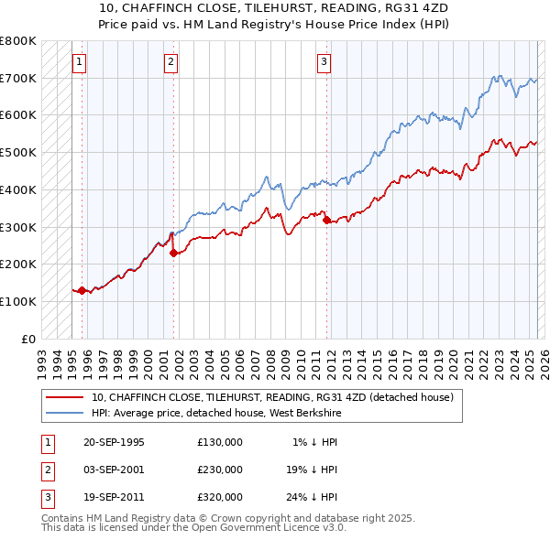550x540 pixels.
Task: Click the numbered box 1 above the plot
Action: click(x=80, y=62)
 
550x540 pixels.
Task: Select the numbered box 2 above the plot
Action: click(x=171, y=62)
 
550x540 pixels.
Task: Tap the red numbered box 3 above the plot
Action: click(x=324, y=62)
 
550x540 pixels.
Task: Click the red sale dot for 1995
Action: click(x=82, y=290)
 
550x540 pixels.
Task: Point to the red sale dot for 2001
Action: click(x=173, y=254)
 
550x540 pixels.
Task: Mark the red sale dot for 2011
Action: click(x=327, y=220)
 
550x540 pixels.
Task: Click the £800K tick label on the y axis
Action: click(x=18, y=41)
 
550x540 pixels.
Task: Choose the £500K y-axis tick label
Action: click(x=18, y=153)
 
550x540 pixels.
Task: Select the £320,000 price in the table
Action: click(x=220, y=497)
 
